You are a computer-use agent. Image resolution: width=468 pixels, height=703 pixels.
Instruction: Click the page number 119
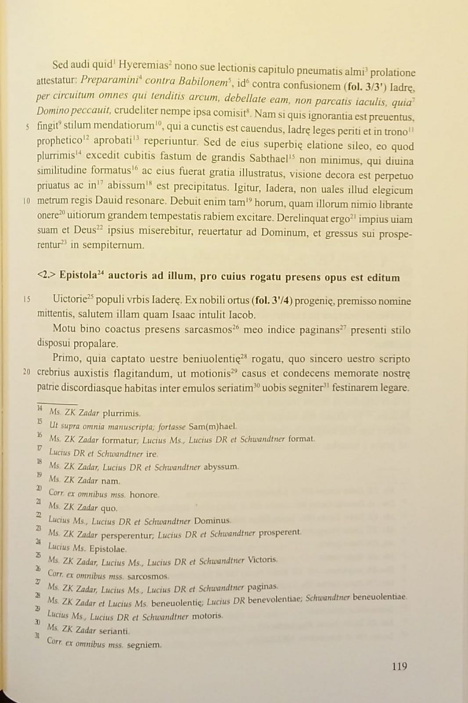click(399, 667)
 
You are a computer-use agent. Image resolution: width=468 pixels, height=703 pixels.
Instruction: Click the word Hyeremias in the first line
click(143, 65)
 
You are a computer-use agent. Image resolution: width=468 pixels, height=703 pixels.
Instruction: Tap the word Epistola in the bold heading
click(78, 275)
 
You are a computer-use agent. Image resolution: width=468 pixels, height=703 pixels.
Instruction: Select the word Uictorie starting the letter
click(70, 300)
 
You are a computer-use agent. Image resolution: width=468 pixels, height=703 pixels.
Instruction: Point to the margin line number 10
click(27, 201)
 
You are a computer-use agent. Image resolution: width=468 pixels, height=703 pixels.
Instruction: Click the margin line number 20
click(27, 372)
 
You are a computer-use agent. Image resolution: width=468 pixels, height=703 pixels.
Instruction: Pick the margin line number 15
click(27, 299)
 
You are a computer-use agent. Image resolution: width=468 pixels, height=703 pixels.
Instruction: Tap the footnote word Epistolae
click(108, 549)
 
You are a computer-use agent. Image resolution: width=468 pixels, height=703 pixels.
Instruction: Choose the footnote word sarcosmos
click(148, 576)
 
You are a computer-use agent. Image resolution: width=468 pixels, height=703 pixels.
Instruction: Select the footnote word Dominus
click(212, 521)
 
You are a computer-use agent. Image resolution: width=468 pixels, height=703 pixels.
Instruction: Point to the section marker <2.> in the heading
click(46, 275)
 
